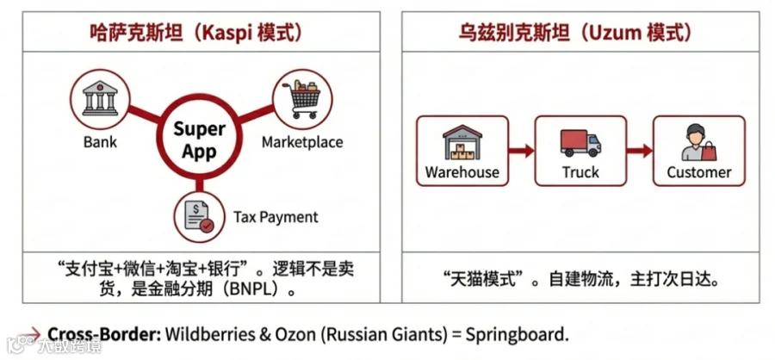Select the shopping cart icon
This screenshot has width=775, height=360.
[x=301, y=99]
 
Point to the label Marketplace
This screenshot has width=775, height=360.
[x=302, y=142]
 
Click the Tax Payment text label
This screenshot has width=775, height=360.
[x=276, y=217]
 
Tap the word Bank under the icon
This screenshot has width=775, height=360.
[x=100, y=142]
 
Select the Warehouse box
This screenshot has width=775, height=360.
[x=462, y=151]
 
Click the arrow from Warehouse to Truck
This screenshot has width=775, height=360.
[x=522, y=151]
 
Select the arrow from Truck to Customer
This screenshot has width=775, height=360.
[x=640, y=151]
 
